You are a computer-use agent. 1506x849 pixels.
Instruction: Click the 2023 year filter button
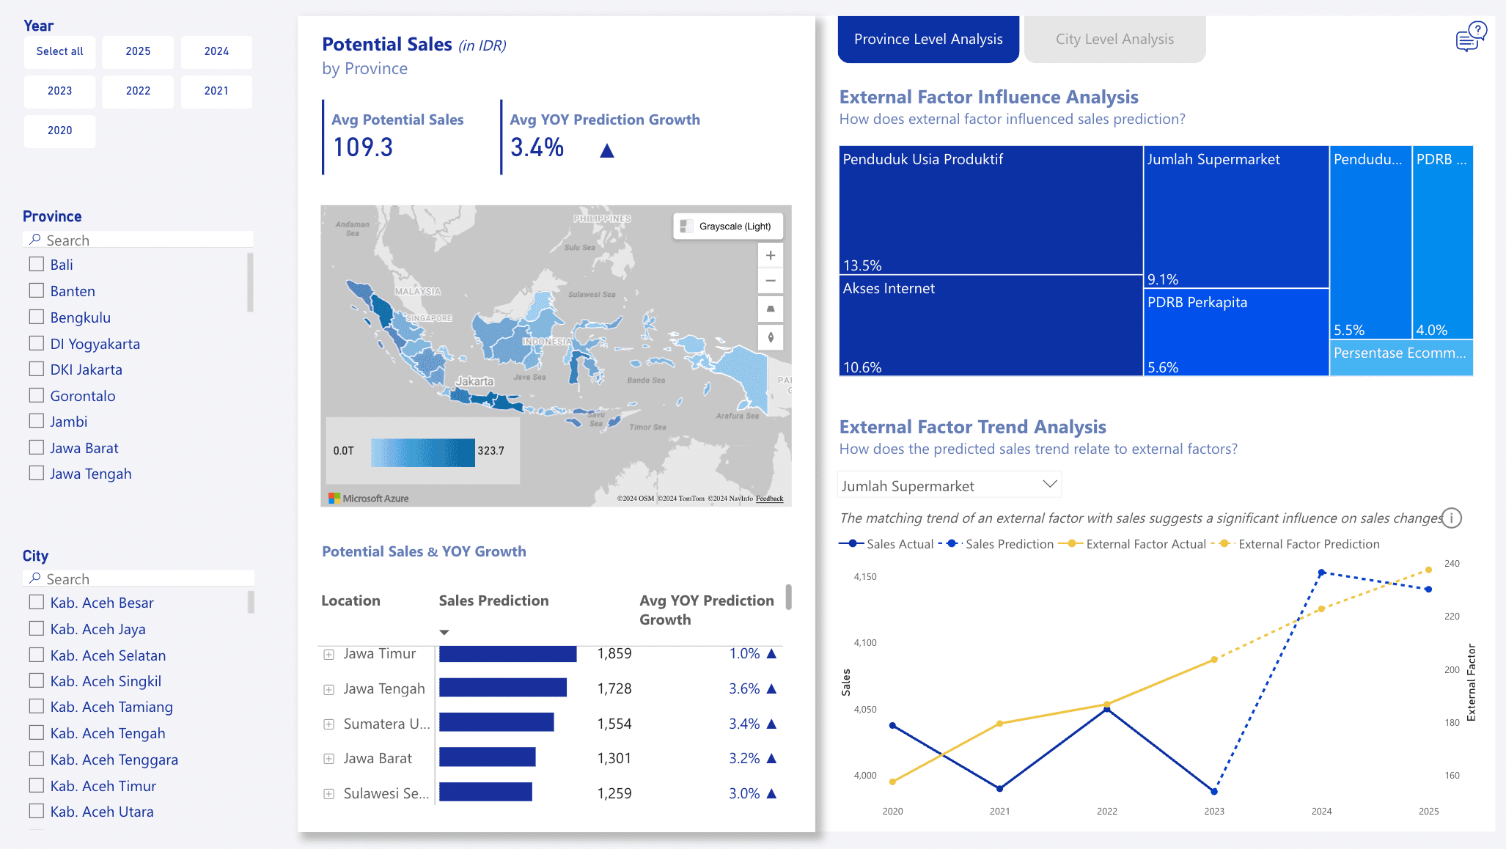(59, 91)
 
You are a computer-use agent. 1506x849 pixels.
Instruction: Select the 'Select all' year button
(59, 51)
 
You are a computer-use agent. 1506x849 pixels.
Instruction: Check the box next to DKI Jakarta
(37, 369)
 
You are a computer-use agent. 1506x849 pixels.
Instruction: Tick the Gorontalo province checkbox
(37, 395)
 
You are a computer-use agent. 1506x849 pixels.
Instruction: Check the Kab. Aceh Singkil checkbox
(37, 680)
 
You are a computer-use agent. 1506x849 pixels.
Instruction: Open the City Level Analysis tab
(1114, 40)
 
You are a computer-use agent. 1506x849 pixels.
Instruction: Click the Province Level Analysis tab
(928, 40)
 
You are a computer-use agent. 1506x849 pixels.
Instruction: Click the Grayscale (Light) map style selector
(727, 226)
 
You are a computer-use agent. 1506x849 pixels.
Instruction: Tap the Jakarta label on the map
(474, 381)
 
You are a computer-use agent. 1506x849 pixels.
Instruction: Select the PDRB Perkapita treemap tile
(1235, 332)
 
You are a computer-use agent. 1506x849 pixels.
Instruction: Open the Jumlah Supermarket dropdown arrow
(1049, 484)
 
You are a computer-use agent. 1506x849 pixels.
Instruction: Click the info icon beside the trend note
(1452, 518)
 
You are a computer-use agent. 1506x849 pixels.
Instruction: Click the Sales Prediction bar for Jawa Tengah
(503, 688)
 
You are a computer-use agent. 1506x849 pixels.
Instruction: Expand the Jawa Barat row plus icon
(329, 759)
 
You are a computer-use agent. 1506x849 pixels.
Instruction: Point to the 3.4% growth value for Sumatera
(743, 724)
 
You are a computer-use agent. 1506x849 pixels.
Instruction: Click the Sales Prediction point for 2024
(1321, 573)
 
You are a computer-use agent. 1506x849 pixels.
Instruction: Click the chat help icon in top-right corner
(1470, 37)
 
